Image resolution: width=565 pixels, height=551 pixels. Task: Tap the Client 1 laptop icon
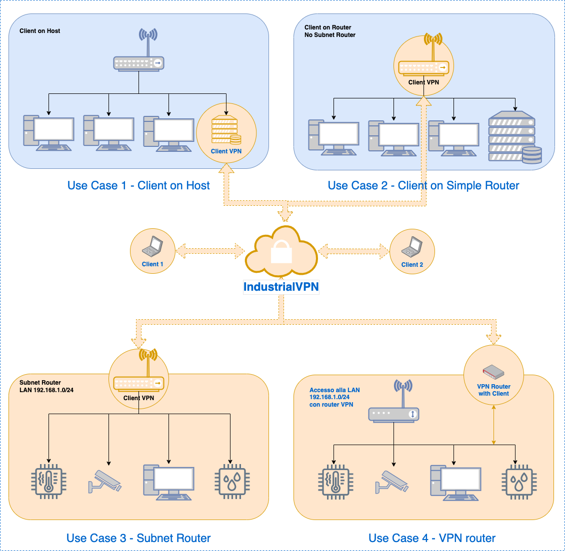click(x=152, y=246)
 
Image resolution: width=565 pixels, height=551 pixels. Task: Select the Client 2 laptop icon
click(x=412, y=246)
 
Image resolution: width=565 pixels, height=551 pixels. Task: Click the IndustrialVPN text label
click(x=281, y=287)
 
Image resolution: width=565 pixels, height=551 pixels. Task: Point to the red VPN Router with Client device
click(x=493, y=372)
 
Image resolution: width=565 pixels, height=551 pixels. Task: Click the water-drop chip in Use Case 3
click(x=232, y=483)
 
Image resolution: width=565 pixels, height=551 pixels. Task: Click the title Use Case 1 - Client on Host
click(x=138, y=186)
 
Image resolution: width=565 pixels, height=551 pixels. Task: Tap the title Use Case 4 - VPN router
click(x=432, y=538)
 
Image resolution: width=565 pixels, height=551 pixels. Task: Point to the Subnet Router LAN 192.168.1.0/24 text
click(x=46, y=386)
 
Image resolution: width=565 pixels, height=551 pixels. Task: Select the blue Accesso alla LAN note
click(x=334, y=397)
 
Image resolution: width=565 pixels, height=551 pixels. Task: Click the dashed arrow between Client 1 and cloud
click(x=210, y=251)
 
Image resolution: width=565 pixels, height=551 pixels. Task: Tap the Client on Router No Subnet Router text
click(x=330, y=31)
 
